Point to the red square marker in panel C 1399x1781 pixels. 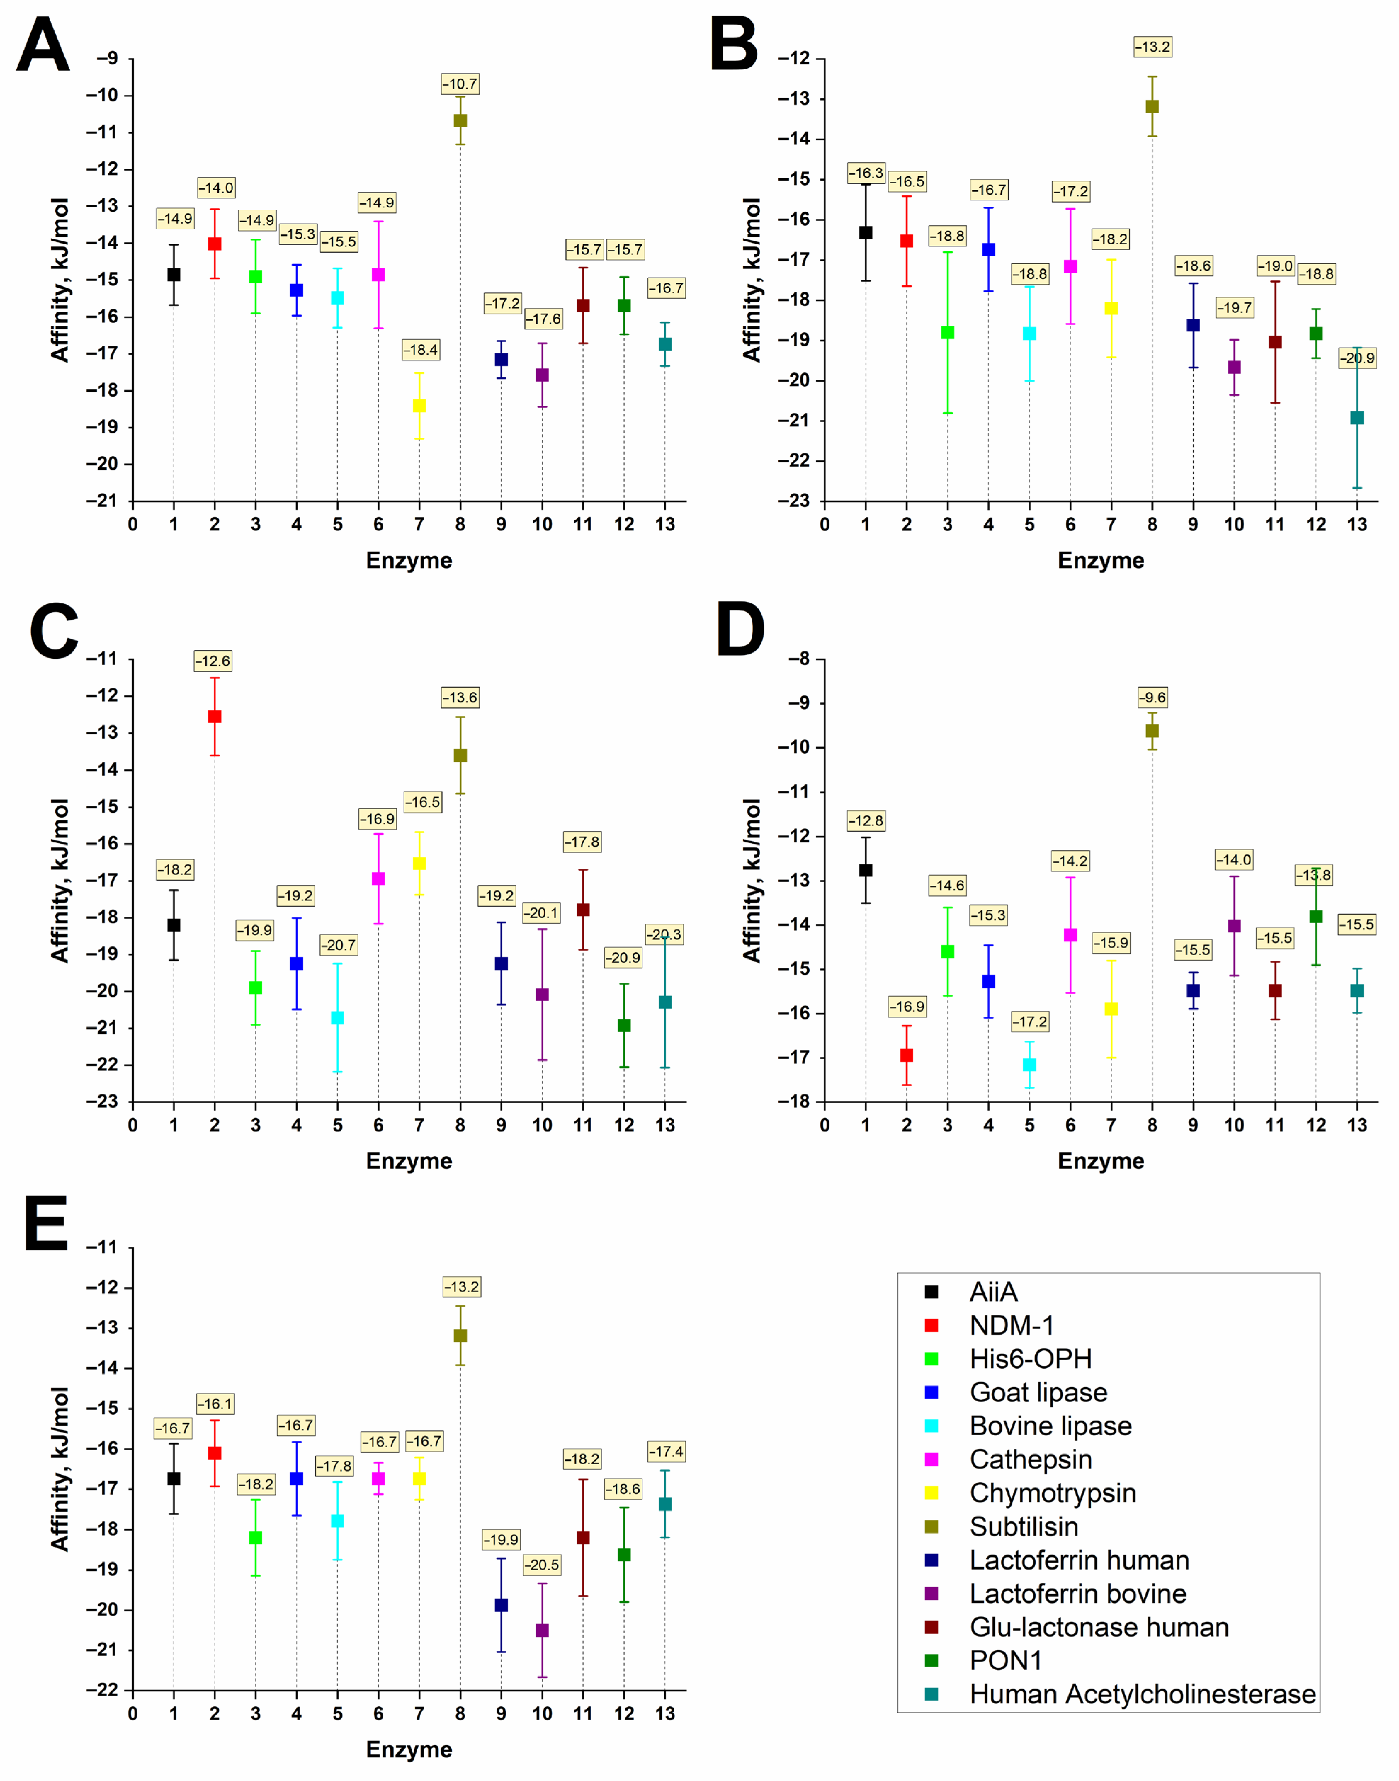tap(215, 717)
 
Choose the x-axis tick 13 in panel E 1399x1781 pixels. tap(665, 1714)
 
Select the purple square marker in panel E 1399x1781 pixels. tap(542, 1630)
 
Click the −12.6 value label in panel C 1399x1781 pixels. tap(213, 661)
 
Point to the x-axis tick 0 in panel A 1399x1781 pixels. tap(133, 525)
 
